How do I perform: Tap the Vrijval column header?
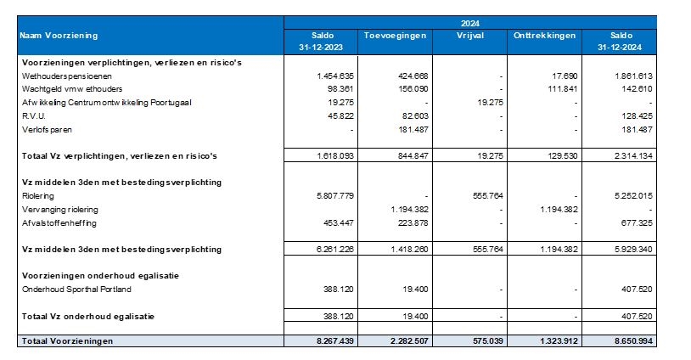[470, 36]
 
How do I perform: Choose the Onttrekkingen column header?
[544, 36]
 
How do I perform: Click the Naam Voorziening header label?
[59, 36]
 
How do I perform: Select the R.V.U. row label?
[34, 115]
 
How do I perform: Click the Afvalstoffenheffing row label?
[58, 223]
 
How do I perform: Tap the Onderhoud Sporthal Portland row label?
[76, 289]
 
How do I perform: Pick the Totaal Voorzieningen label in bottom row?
[67, 341]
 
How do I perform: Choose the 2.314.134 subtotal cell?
[631, 156]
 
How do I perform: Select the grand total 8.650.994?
[631, 341]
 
